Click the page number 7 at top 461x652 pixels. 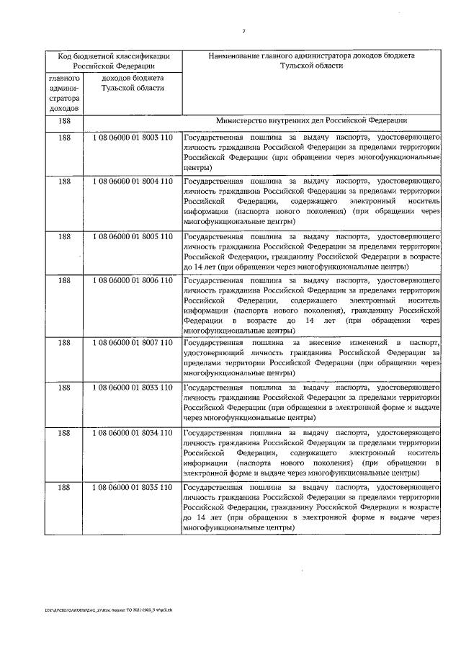(244, 31)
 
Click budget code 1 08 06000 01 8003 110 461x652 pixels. (133, 137)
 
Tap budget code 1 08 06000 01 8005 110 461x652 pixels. (133, 236)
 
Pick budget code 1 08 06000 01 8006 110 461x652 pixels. (133, 280)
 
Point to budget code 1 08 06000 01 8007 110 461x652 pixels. (133, 343)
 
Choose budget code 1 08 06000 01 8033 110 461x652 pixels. (133, 387)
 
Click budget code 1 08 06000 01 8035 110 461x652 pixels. (133, 488)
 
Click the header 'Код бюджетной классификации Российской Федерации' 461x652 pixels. (114, 60)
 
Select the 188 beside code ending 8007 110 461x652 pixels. (63, 343)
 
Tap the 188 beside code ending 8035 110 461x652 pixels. (63, 488)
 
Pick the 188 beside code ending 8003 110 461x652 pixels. (63, 137)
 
